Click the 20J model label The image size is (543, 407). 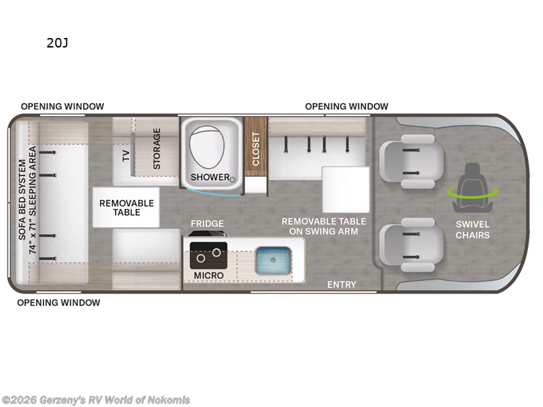pos(58,43)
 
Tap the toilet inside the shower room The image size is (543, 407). pos(207,147)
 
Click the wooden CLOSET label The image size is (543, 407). pos(256,149)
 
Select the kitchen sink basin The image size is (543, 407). pos(273,260)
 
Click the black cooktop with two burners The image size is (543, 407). pos(208,256)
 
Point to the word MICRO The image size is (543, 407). pos(208,275)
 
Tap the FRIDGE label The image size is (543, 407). pos(207,224)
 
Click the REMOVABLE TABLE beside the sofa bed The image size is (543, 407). pos(126,208)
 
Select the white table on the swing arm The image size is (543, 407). pos(345,189)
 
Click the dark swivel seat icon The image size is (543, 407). pos(472,188)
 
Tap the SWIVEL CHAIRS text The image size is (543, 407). pos(472,229)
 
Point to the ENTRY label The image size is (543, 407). pos(341,284)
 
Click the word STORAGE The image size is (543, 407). pos(157,149)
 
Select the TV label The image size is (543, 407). pos(126,156)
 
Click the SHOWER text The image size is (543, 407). pos(210,177)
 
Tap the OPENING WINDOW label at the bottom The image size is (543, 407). pos(58,303)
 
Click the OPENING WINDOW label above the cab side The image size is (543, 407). pos(346,106)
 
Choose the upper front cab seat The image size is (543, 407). pos(411,161)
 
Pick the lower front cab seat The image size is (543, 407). pos(411,245)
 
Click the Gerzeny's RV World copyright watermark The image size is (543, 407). pos(96,400)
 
